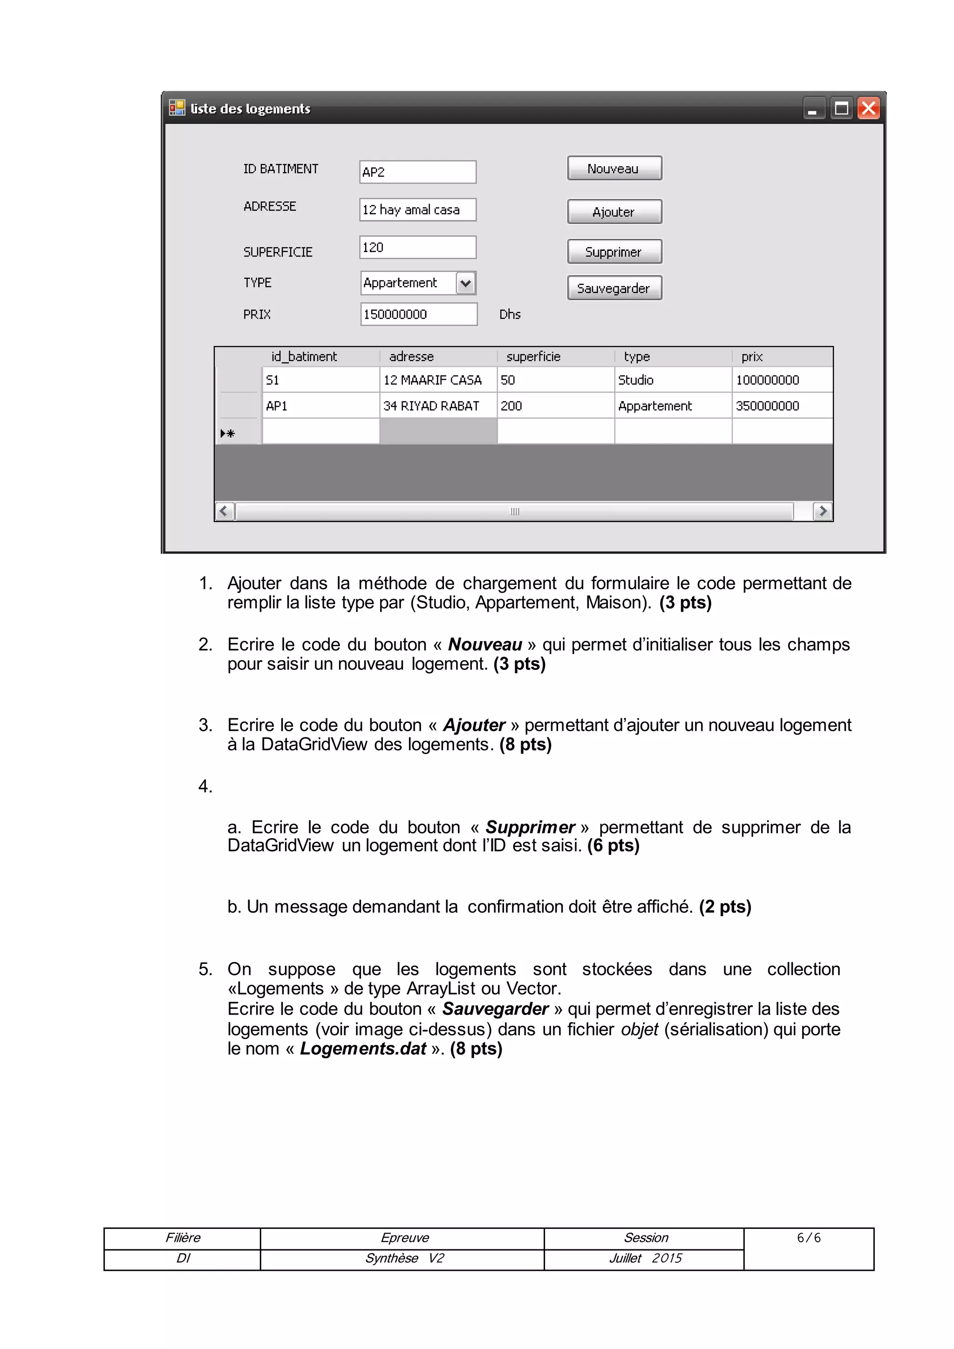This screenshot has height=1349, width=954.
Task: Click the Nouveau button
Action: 614,169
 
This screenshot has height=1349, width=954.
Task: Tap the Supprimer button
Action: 614,252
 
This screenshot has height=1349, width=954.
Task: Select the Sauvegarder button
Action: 614,288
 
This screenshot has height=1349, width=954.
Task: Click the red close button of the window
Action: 868,108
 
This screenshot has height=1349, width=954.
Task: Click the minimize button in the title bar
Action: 813,109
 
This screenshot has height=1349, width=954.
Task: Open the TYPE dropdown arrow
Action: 465,283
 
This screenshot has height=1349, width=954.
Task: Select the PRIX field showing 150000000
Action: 418,314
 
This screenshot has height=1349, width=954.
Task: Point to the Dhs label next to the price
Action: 509,314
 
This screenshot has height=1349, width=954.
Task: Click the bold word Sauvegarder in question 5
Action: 495,1009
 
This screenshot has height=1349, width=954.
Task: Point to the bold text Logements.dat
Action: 362,1049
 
